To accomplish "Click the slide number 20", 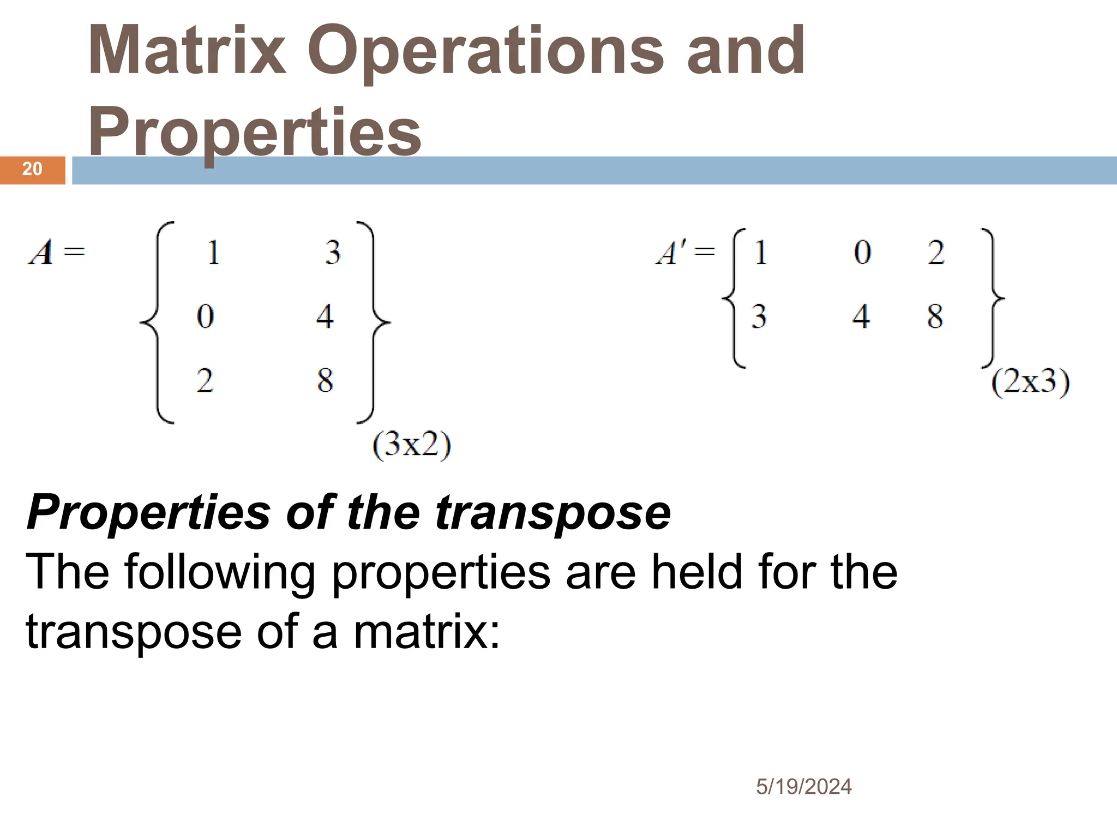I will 32,169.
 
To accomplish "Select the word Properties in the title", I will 255,131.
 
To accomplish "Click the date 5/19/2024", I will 803,787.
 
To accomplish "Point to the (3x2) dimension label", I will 412,446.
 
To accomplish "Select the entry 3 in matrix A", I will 333,253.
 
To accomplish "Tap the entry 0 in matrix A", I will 205,316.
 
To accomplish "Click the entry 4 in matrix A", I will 325,316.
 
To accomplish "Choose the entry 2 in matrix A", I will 205,380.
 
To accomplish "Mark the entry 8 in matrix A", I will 325,380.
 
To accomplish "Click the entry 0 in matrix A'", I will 862,253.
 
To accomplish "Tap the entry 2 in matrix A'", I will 936,253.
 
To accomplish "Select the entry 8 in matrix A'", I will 935,316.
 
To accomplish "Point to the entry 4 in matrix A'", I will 861,316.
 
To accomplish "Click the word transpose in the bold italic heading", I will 553,512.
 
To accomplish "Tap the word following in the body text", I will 220,572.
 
